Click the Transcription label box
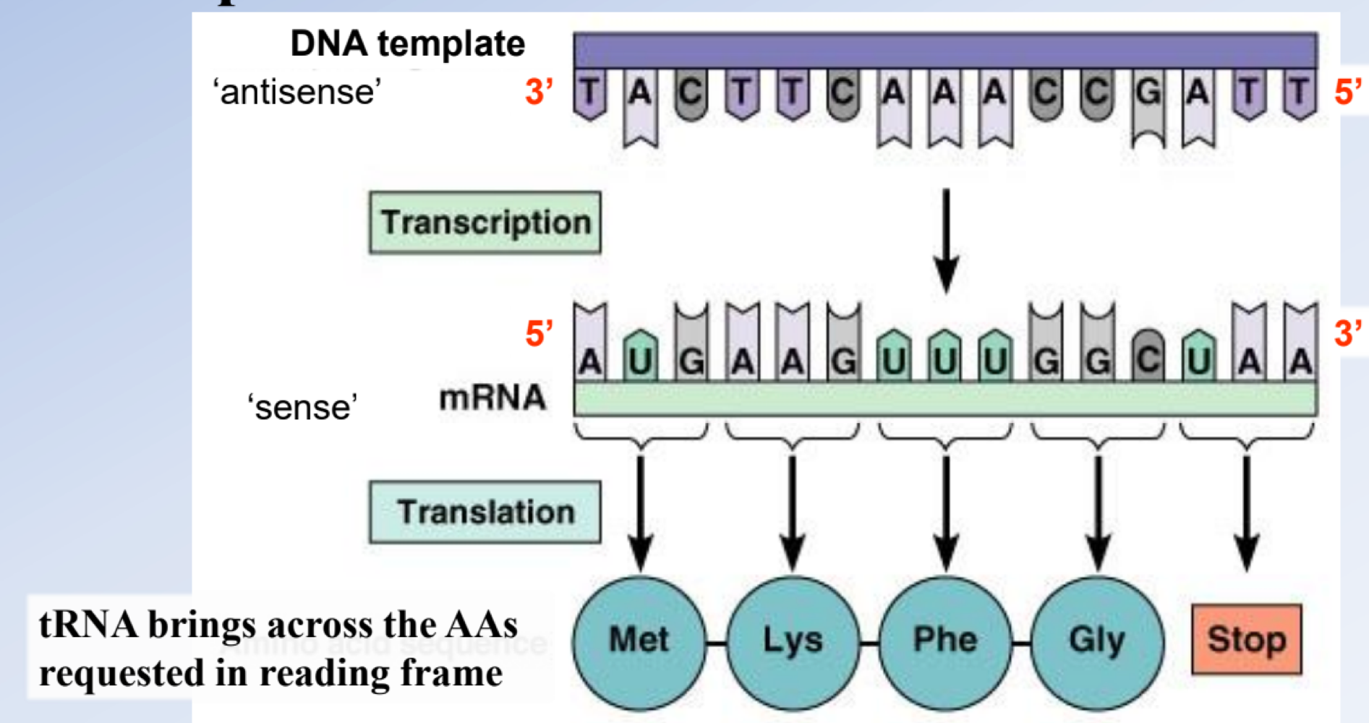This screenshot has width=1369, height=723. click(485, 222)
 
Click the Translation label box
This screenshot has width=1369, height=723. click(485, 512)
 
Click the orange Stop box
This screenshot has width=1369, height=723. click(1246, 639)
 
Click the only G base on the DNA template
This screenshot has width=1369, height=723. click(1148, 94)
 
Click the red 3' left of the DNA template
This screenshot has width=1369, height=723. click(539, 93)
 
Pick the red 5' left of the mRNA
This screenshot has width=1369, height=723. click(539, 334)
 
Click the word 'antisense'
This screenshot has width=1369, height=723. click(297, 93)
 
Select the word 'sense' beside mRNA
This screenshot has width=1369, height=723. click(302, 408)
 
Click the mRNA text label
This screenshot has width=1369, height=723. click(492, 398)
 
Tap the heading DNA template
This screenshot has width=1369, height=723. click(407, 44)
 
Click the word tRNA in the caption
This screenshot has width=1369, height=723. click(88, 625)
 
